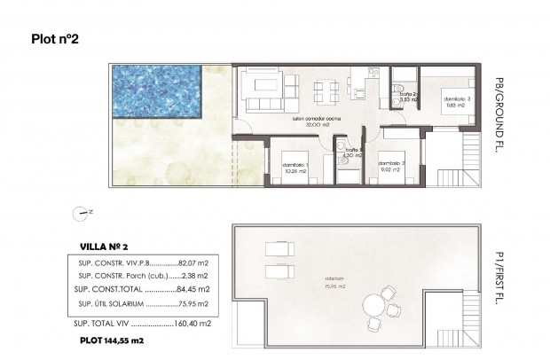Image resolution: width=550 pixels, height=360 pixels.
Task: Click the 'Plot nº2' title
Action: [55, 38]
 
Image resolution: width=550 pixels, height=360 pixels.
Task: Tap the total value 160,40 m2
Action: [190, 324]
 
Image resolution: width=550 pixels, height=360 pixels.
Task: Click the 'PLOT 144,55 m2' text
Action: [114, 340]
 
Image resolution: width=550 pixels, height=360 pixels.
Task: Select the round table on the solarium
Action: [391, 303]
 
